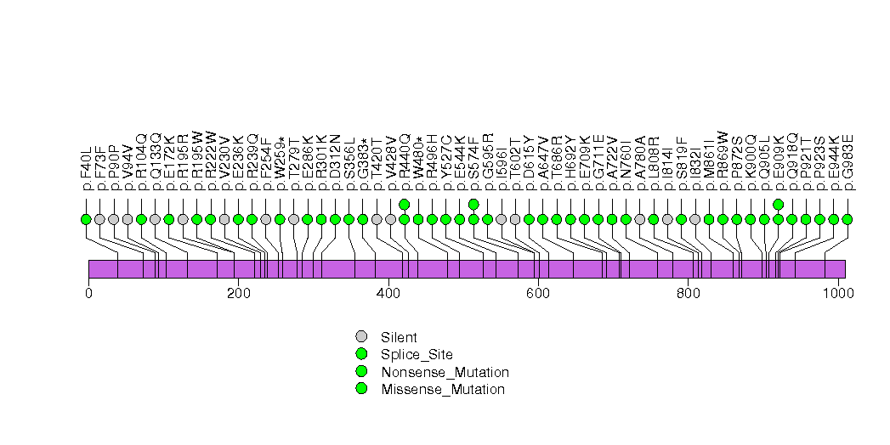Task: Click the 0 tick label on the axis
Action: tap(88, 294)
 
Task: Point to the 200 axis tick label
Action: tap(238, 294)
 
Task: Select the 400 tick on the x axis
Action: tap(388, 294)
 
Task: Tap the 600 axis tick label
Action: tap(538, 294)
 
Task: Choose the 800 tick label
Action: tap(688, 294)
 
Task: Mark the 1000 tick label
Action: tap(837, 294)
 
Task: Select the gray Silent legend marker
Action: tap(361, 336)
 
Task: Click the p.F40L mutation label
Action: tap(86, 166)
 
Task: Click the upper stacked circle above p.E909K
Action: tap(779, 204)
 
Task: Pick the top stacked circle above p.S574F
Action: tap(473, 204)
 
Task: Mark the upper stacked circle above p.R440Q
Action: tap(405, 204)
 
